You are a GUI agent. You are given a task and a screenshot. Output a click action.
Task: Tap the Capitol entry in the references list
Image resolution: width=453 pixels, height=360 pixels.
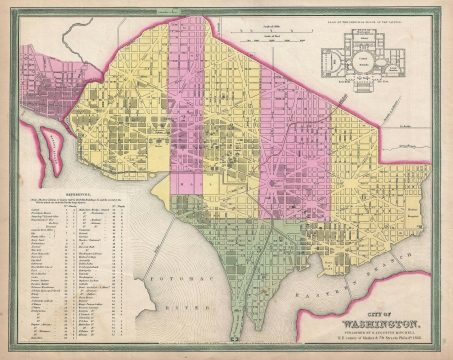[41, 211]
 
